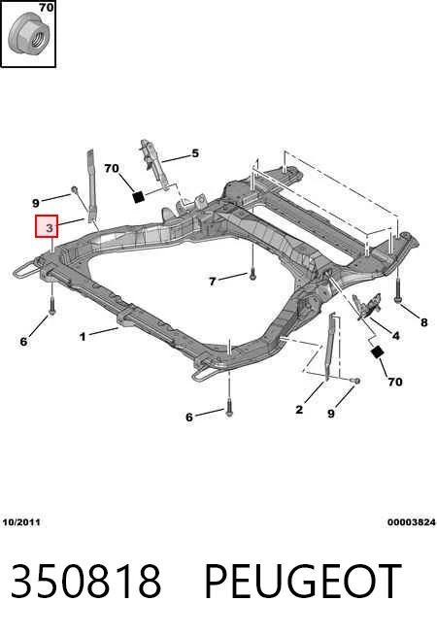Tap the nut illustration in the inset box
pyautogui.click(x=29, y=34)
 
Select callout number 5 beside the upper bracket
pyautogui.click(x=195, y=153)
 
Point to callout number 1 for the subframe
pyautogui.click(x=83, y=337)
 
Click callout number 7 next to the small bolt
pyautogui.click(x=213, y=281)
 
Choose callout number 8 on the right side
pyautogui.click(x=423, y=322)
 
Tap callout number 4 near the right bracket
pyautogui.click(x=395, y=336)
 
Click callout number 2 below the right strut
pyautogui.click(x=299, y=410)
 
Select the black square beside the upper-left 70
pyautogui.click(x=139, y=197)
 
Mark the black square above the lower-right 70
pyautogui.click(x=377, y=352)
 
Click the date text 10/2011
pyautogui.click(x=21, y=522)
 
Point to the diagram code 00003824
pyautogui.click(x=412, y=522)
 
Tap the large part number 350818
pyautogui.click(x=85, y=581)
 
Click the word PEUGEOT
pyautogui.click(x=303, y=581)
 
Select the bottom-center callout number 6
pyautogui.click(x=189, y=418)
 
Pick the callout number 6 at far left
pyautogui.click(x=23, y=342)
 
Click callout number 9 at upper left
pyautogui.click(x=36, y=203)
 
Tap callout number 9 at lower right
pyautogui.click(x=331, y=414)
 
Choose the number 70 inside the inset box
pyautogui.click(x=47, y=8)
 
